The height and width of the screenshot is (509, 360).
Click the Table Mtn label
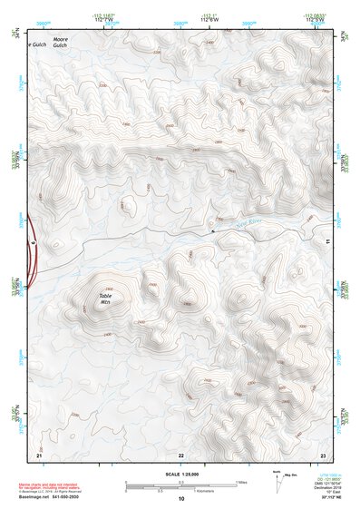[105, 299]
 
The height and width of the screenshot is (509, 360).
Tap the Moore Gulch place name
[61, 43]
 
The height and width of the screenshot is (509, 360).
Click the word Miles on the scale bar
[240, 481]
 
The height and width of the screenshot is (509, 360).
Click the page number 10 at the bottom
[180, 499]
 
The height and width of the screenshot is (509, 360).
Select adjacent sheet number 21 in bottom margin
[38, 454]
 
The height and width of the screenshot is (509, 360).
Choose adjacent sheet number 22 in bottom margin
[180, 454]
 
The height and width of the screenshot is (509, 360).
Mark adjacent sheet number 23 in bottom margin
[323, 454]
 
